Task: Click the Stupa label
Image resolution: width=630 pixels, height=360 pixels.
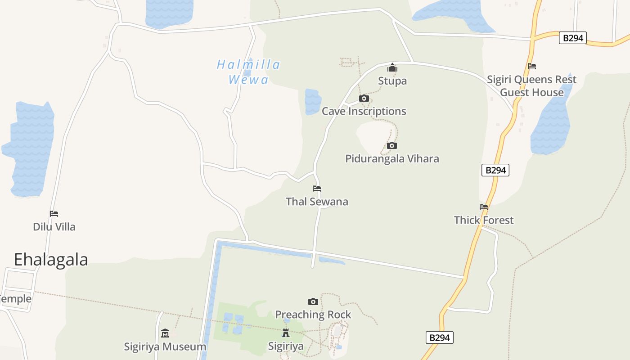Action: point(392,81)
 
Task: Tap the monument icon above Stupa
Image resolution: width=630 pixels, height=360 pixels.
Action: point(392,68)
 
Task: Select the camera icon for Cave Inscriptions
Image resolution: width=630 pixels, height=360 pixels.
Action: point(364,98)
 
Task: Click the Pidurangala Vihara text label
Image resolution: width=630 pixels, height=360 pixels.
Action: point(392,159)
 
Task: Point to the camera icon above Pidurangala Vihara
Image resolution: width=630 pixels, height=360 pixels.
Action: point(392,145)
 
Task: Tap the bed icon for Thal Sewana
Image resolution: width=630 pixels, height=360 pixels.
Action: point(317,189)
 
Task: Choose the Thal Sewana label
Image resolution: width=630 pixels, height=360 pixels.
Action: point(317,202)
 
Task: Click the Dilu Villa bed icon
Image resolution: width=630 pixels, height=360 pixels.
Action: point(54,214)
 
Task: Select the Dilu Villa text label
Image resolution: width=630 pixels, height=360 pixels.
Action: point(54,227)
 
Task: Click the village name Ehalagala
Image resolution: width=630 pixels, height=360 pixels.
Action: point(51,260)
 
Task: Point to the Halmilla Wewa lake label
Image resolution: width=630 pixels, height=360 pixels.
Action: point(248,72)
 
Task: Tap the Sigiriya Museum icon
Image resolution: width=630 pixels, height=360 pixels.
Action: point(165,333)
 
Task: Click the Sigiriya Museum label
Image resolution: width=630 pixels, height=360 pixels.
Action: point(165,347)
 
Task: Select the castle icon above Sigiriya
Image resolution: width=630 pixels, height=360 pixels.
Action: point(286,333)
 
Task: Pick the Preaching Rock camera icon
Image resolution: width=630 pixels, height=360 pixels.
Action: point(313,301)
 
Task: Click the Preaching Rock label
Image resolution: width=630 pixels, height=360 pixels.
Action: point(313,315)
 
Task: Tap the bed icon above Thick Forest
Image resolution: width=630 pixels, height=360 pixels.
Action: point(484,207)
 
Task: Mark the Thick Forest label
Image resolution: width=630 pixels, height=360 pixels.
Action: point(484,220)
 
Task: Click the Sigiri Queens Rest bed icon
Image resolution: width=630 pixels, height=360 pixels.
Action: point(532,66)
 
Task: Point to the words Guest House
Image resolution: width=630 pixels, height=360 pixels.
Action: point(532,93)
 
